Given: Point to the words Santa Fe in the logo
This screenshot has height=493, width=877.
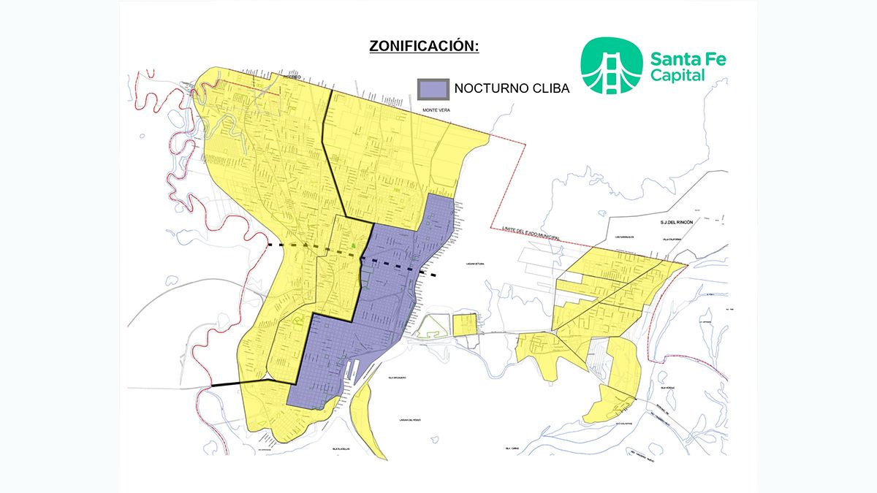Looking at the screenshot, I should pyautogui.click(x=687, y=58).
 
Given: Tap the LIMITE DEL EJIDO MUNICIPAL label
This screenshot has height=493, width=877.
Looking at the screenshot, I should pyautogui.click(x=536, y=229).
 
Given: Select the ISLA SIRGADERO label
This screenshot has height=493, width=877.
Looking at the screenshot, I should pyautogui.click(x=397, y=378).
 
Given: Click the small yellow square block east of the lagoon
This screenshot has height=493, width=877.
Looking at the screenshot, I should pyautogui.click(x=464, y=324).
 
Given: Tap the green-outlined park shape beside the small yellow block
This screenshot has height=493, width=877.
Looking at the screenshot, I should pyautogui.click(x=430, y=326).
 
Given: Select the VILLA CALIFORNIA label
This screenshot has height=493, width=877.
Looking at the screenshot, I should pyautogui.click(x=671, y=237).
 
